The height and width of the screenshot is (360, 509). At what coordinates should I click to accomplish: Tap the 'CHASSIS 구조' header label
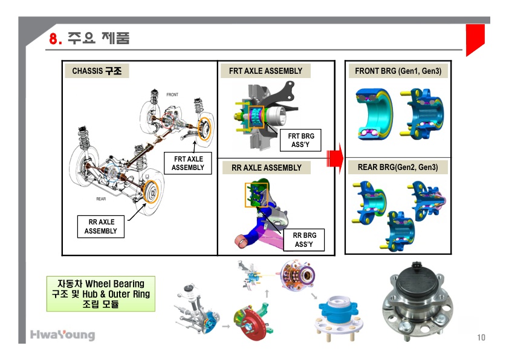97,71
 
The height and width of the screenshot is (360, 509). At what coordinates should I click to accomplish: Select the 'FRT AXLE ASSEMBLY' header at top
265,71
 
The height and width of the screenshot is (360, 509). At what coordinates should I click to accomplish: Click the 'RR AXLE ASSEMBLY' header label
266,168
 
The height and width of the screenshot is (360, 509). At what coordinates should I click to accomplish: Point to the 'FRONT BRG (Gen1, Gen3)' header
398,71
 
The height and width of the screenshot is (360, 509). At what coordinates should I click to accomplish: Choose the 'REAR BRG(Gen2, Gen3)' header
398,167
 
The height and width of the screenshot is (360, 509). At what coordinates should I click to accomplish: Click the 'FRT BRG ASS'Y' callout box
300,140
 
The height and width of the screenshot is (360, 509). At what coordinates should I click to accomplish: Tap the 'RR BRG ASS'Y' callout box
303,240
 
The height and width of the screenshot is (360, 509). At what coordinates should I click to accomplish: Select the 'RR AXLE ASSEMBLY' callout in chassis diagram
100,226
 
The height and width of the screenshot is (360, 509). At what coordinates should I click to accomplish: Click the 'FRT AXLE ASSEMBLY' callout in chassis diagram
188,163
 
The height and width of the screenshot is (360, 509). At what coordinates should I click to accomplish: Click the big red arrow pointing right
334,158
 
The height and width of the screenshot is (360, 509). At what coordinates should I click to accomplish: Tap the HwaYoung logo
62,335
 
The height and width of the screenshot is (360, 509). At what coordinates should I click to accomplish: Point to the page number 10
481,337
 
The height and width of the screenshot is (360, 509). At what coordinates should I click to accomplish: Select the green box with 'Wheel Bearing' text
100,293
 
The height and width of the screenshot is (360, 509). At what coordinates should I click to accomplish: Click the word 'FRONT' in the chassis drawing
172,95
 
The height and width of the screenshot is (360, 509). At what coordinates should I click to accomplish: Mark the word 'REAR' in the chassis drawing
102,198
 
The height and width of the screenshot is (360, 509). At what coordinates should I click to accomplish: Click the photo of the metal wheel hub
421,304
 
